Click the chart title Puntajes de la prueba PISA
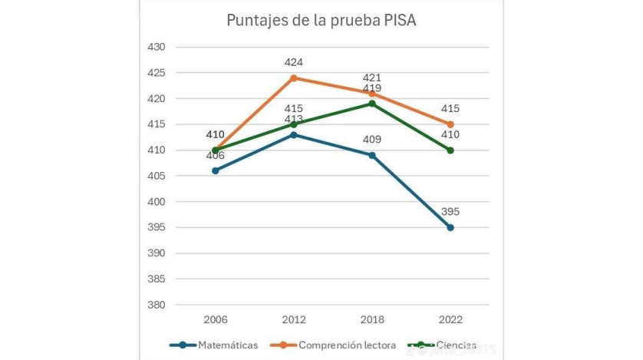pos(321,20)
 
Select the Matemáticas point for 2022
pos(450,227)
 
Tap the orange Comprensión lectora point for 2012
pos(294,78)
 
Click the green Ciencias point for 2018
pos(372,104)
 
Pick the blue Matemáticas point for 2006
pos(216,170)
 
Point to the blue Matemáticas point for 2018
pos(372,155)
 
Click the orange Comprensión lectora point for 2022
pos(450,124)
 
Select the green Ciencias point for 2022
pos(450,150)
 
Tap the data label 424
pos(294,62)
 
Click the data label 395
pos(450,212)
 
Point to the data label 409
pos(372,140)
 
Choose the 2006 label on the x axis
pos(216,319)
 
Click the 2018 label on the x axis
pos(372,319)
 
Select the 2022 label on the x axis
pos(450,319)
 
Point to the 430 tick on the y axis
pos(156,47)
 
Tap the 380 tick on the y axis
pos(156,305)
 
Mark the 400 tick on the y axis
pos(156,202)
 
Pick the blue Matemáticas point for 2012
pos(294,134)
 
